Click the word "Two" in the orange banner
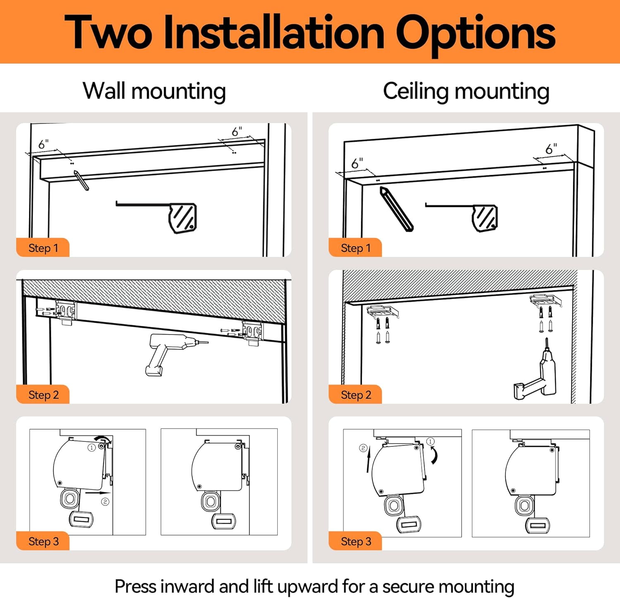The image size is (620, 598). click(x=108, y=32)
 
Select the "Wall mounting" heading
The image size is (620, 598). click(x=154, y=91)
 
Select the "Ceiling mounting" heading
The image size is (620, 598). click(x=466, y=92)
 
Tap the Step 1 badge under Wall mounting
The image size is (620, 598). click(x=43, y=248)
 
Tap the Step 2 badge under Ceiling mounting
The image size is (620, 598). click(x=355, y=395)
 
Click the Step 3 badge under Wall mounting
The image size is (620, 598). click(x=43, y=541)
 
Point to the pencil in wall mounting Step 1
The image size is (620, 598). click(x=81, y=180)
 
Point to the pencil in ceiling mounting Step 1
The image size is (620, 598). click(x=396, y=209)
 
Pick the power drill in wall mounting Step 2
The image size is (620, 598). click(x=172, y=353)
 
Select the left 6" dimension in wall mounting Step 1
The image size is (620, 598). click(x=43, y=144)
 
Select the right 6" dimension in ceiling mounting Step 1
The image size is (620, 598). click(x=551, y=149)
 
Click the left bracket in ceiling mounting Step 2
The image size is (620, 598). click(x=382, y=312)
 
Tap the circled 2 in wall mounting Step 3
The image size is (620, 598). click(x=105, y=501)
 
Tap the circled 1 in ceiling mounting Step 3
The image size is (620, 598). click(x=430, y=441)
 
